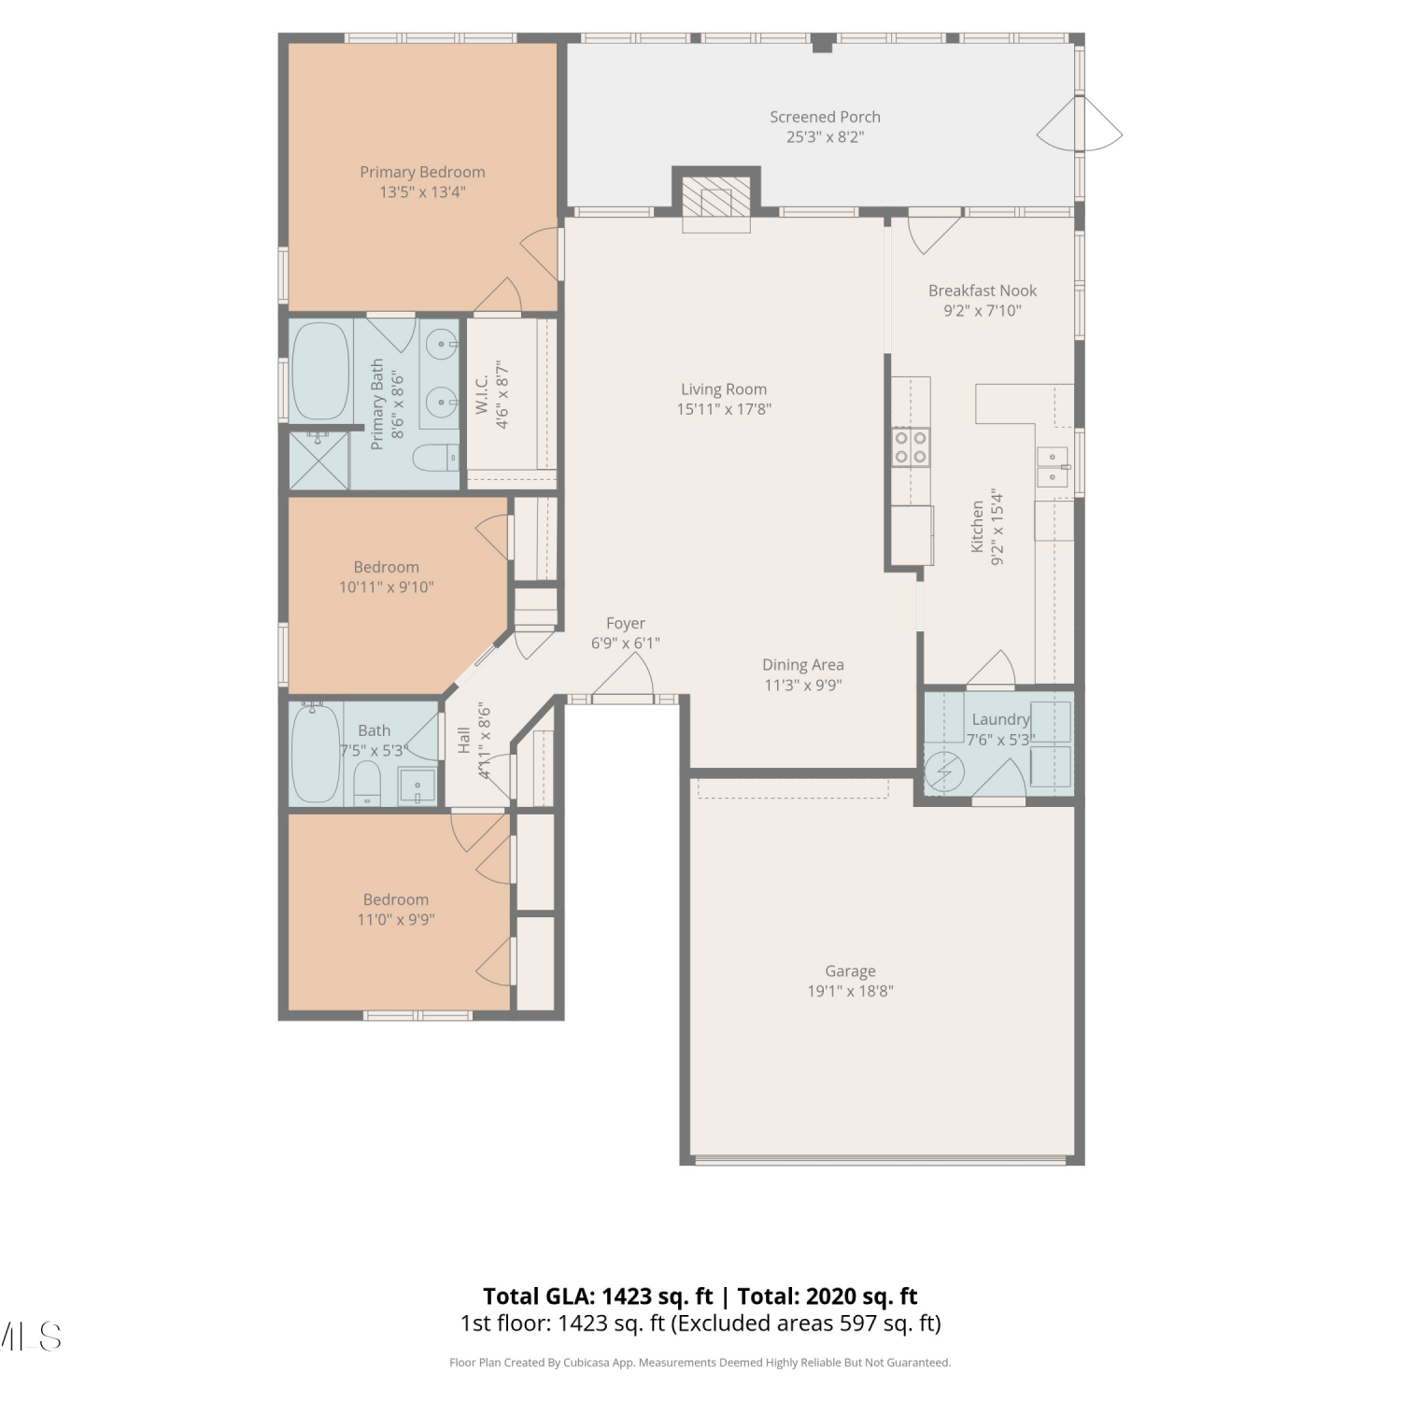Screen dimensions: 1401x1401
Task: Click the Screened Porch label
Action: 825,117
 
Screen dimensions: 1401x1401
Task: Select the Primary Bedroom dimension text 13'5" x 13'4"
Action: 422,192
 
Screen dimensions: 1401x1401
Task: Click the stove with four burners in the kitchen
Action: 911,446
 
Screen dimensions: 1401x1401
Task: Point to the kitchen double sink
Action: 1053,467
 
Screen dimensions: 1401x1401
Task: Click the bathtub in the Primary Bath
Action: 321,372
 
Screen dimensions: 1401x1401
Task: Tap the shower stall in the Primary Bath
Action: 318,460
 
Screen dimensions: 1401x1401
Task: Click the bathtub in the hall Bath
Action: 316,753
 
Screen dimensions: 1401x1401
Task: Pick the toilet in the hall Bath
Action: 367,783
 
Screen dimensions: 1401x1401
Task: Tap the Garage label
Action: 850,971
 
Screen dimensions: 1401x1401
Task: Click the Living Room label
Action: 724,389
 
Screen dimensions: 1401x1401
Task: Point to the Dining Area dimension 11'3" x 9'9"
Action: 803,685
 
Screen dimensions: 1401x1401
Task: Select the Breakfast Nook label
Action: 983,290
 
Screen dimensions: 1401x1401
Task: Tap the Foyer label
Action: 626,623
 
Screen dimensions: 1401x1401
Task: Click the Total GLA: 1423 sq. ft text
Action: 598,1296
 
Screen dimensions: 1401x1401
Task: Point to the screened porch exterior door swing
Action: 1081,124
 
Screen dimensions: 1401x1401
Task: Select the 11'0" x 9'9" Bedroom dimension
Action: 396,919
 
